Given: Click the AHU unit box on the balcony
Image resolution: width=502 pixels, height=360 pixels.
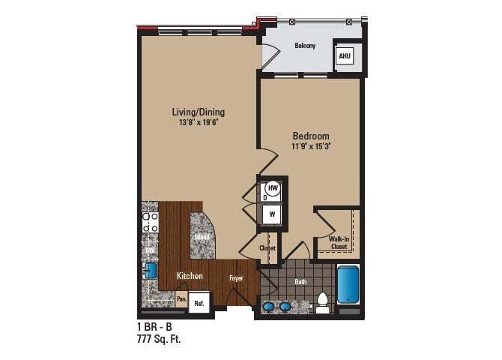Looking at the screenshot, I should pos(345,56).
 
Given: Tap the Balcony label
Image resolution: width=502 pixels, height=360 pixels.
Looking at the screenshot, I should pos(304,46).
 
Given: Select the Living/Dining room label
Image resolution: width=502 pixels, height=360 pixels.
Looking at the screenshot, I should pos(198,112).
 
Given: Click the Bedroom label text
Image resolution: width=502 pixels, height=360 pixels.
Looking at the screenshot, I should pos(311,136).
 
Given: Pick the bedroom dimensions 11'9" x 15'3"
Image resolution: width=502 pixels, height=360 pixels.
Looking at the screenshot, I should pos(311,146).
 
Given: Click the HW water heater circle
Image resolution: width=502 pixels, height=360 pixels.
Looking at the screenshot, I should pos(273,187).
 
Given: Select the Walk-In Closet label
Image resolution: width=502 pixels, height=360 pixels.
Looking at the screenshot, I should pos(338,242).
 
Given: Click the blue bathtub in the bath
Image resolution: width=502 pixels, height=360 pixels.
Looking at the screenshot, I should pos(348,284).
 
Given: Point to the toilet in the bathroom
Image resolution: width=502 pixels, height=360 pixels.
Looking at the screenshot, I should pos(323,301).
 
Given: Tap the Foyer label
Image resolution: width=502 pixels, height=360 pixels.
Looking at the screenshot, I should pos(236,277).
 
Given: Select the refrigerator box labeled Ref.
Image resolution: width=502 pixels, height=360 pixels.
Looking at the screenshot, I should pos(199,303).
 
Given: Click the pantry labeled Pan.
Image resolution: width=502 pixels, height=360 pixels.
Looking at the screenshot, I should pos(181,298).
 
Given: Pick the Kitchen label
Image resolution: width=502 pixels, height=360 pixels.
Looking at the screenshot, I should pos(190,276).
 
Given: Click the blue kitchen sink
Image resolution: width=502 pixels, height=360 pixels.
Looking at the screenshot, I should pos(150,271).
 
